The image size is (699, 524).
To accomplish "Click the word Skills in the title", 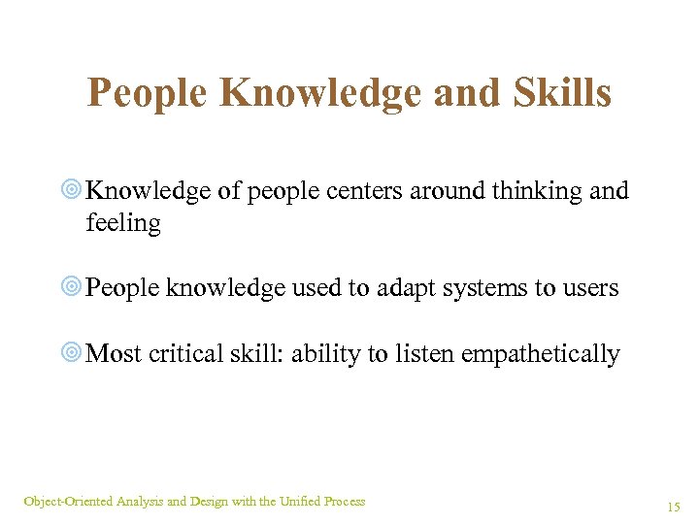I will [x=557, y=94].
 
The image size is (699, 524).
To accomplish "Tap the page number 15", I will [x=674, y=508].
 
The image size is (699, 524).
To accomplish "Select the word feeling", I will [x=123, y=223].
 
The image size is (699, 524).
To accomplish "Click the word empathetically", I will [x=540, y=355].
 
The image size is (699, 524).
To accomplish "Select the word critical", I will [x=190, y=354].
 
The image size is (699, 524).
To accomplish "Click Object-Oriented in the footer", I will [x=68, y=502].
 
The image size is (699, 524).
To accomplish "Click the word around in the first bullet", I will [x=437, y=191].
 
